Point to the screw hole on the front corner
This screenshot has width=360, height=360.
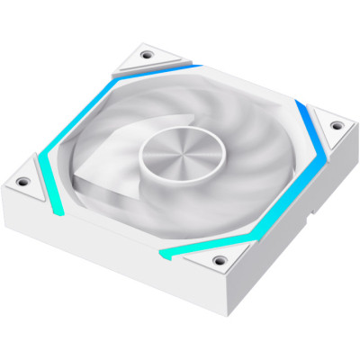[x=219, y=260]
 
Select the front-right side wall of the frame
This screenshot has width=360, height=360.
[x=288, y=243]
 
